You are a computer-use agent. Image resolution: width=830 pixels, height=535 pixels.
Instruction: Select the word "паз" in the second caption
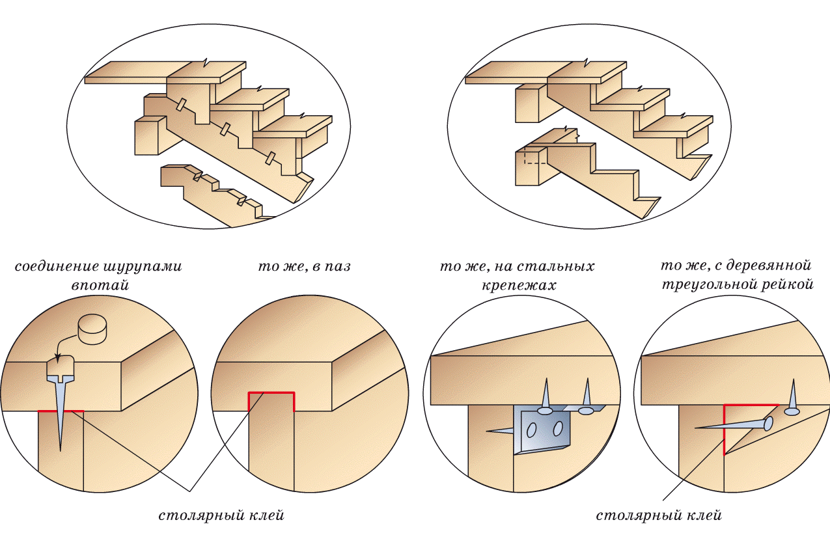point(337,267)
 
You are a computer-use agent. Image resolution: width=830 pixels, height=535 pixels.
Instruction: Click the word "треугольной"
point(704,285)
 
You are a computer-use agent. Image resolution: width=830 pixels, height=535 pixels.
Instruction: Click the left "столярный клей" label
point(222,515)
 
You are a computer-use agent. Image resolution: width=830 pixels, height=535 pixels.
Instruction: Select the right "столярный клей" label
point(659,515)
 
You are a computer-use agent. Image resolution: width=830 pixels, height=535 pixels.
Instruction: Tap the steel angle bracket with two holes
point(540,430)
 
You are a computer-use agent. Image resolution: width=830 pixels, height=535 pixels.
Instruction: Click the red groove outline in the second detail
point(271,394)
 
